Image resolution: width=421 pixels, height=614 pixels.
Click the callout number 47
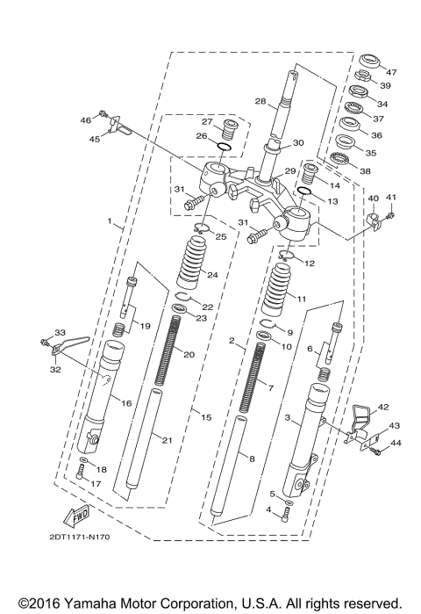pos(391,72)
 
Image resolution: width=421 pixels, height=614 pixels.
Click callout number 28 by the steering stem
pos(260,102)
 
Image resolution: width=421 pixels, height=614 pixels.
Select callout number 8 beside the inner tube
pos(252,458)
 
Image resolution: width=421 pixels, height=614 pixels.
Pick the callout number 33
pos(61,332)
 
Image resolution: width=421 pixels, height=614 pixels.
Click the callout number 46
pos(86,119)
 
